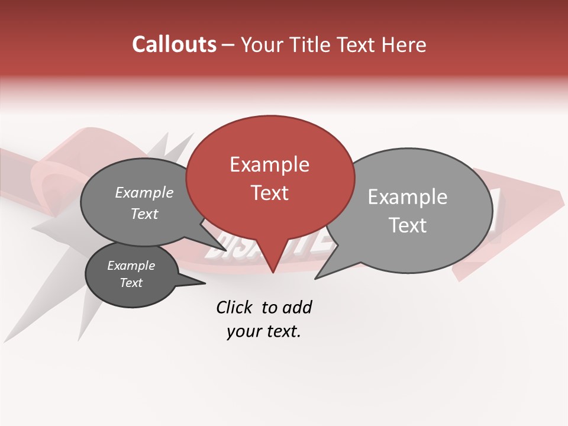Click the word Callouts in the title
tap(174, 44)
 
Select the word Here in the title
tap(405, 45)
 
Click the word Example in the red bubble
tap(269, 164)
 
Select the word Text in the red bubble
tap(270, 193)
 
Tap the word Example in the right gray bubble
tap(408, 197)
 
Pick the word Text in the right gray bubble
tap(408, 225)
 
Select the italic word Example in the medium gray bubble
tap(144, 193)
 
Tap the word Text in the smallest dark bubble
tap(131, 283)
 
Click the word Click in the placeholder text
tap(234, 307)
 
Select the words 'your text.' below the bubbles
tap(264, 331)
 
